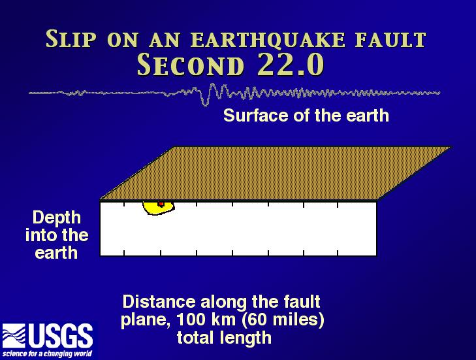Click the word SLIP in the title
[71, 39]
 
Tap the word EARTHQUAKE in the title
[268, 40]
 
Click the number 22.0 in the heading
[291, 65]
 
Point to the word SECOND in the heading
[191, 65]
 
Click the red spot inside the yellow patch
[161, 204]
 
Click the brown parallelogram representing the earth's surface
[276, 174]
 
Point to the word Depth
[56, 218]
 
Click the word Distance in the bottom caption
[159, 302]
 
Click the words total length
[224, 338]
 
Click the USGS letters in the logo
[61, 336]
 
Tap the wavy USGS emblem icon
[14, 336]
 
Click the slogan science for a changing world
[47, 354]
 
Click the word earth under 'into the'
[56, 253]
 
